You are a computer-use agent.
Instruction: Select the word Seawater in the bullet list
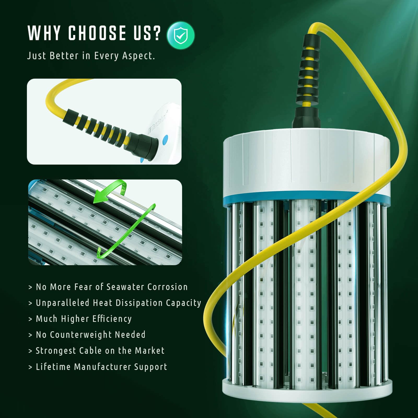click(125, 287)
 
